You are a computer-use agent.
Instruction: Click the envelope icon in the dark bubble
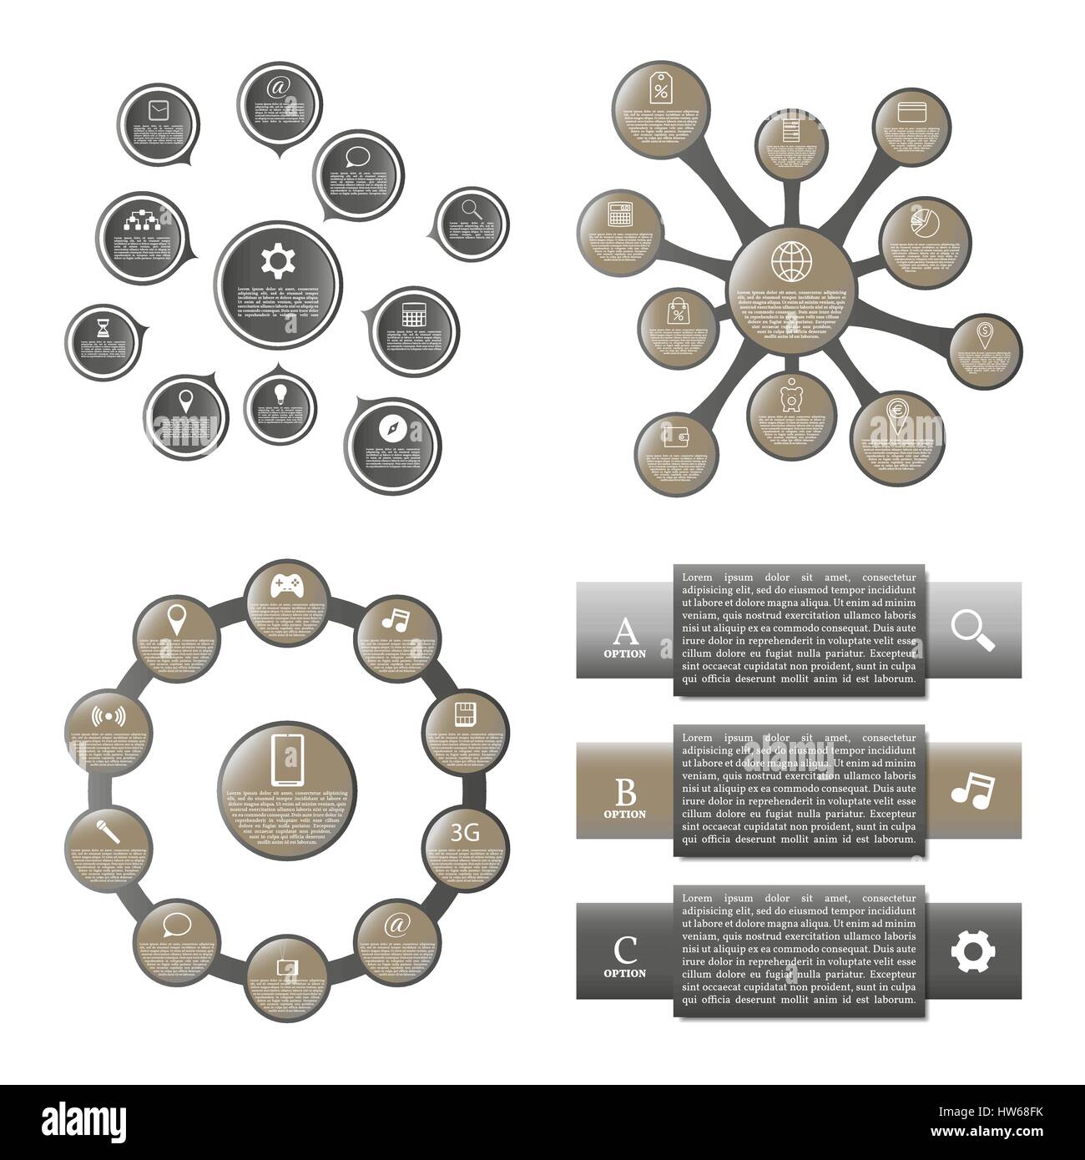point(158,110)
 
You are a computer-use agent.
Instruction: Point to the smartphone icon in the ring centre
point(286,758)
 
